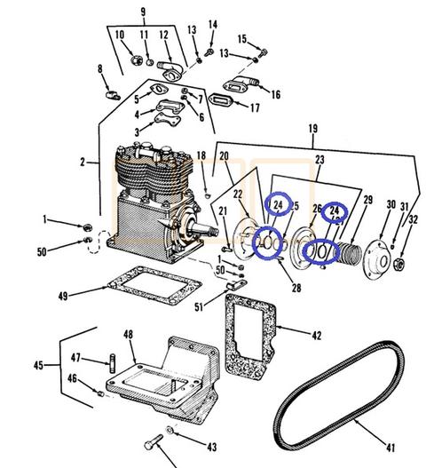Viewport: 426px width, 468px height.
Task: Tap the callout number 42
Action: pyautogui.click(x=317, y=336)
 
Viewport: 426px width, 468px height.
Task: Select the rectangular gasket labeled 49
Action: pyautogui.click(x=154, y=285)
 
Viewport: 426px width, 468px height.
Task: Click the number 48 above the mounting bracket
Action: pyautogui.click(x=129, y=334)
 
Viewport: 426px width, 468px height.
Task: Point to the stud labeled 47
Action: pyautogui.click(x=113, y=363)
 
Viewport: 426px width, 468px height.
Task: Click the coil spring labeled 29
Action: pyautogui.click(x=350, y=253)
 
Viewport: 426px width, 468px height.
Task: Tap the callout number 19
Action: pyautogui.click(x=313, y=129)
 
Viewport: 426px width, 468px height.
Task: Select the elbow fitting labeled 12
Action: pyautogui.click(x=170, y=70)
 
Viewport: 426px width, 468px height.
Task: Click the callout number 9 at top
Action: pyautogui.click(x=143, y=12)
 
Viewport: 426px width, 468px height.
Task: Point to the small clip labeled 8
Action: pyautogui.click(x=113, y=95)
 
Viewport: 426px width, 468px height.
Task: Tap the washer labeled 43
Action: pyautogui.click(x=170, y=430)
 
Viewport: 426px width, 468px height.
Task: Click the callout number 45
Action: pyautogui.click(x=38, y=365)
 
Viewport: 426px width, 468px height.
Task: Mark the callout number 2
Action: pyautogui.click(x=83, y=163)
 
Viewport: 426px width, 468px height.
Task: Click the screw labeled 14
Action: pyautogui.click(x=209, y=52)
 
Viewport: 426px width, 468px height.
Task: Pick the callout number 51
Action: pyautogui.click(x=199, y=306)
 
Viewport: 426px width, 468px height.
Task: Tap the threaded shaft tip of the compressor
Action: pyautogui.click(x=213, y=231)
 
